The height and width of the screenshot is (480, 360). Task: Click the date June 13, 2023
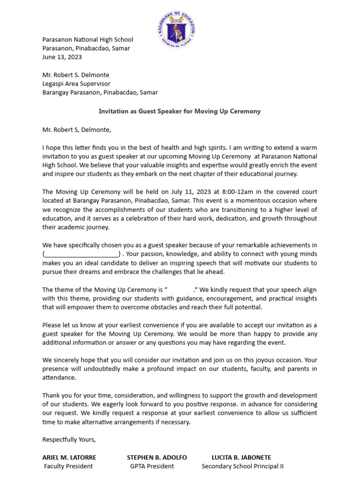pos(62,57)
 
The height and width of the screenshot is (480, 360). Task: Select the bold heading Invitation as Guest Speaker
pos(180,111)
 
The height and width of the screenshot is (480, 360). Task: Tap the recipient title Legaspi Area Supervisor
pos(76,83)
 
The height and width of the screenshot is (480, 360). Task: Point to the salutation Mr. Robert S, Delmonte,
pos(77,129)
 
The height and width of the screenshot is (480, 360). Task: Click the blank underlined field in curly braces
pos(82,254)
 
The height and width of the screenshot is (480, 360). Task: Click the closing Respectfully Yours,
pos(69,439)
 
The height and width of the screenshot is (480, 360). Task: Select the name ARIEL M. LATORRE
pos(69,457)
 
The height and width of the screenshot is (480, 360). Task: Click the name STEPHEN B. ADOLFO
pos(157,457)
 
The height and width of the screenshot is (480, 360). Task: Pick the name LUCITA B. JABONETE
pos(241,457)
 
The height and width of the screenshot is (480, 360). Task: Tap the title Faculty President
pos(68,466)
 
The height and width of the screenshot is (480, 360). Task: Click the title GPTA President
pos(152,466)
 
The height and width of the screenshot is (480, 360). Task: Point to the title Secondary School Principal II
pos(242,466)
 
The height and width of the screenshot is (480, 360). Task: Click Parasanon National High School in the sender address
pos(88,39)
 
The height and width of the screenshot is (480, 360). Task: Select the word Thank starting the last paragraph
pos(52,395)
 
